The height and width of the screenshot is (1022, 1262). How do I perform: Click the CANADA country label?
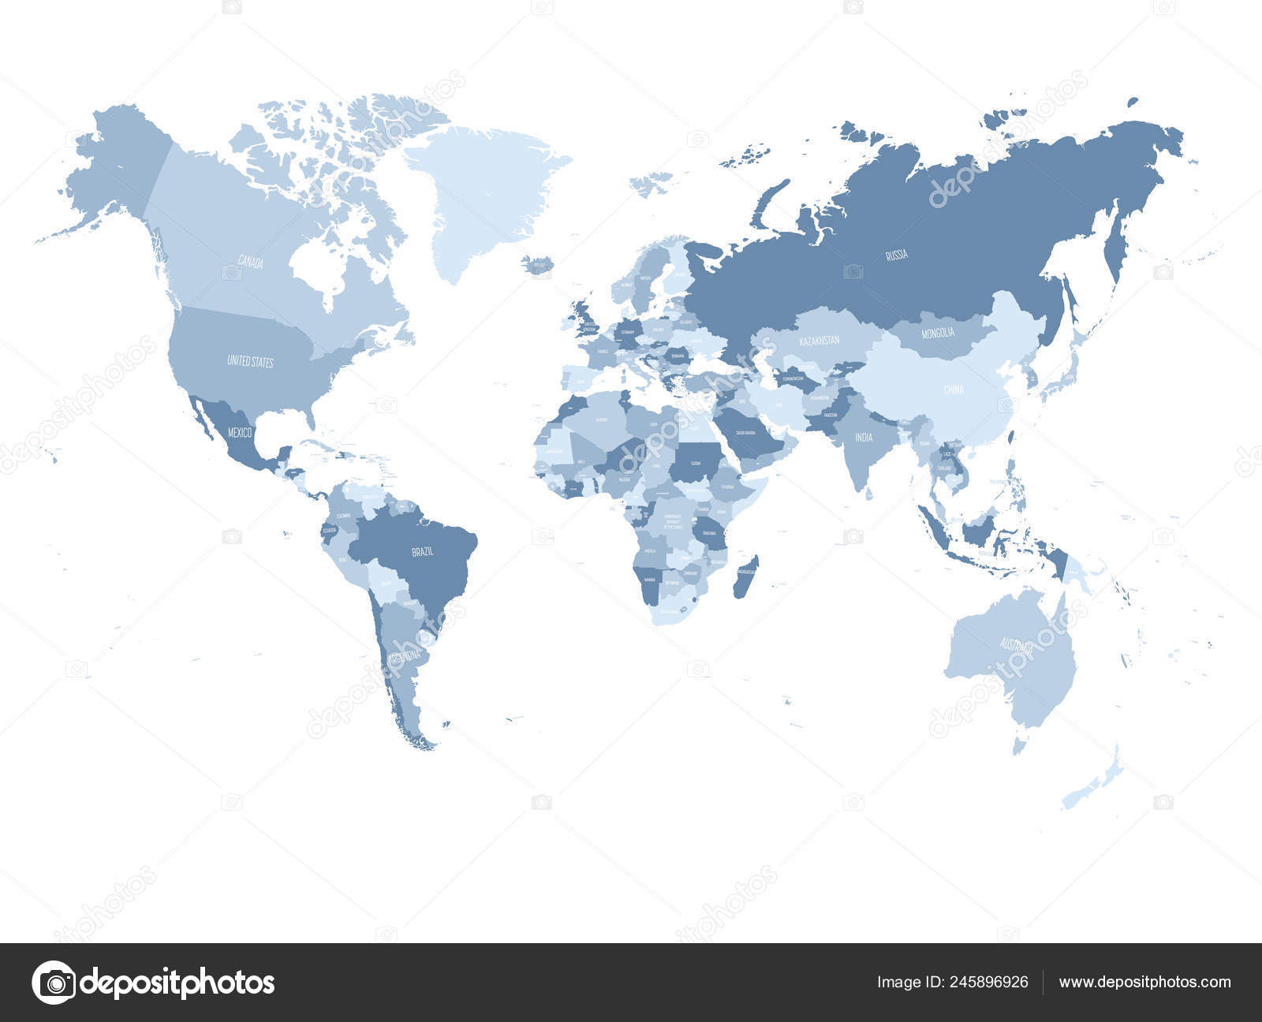click(251, 263)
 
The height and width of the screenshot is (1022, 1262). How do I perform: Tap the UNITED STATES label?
click(250, 361)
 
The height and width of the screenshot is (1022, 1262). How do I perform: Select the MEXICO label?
click(240, 432)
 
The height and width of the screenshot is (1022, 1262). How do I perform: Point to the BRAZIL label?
click(423, 552)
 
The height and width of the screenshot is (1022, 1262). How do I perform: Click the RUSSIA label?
click(897, 255)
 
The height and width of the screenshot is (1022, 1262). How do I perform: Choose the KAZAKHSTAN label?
click(819, 341)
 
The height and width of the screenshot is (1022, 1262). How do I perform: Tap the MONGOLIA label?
click(938, 333)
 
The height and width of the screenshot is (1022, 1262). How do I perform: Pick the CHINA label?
click(954, 390)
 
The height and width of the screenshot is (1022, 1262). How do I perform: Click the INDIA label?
click(864, 437)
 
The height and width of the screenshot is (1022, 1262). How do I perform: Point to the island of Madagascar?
click(745, 576)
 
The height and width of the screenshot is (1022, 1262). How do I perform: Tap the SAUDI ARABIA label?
click(745, 433)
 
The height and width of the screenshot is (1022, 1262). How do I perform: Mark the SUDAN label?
click(696, 464)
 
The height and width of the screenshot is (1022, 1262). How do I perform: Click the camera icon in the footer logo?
click(53, 983)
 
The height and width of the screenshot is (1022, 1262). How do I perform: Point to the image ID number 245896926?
click(989, 983)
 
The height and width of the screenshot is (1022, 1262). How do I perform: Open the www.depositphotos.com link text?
click(1144, 983)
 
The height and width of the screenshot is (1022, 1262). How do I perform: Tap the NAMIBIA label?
click(650, 580)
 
